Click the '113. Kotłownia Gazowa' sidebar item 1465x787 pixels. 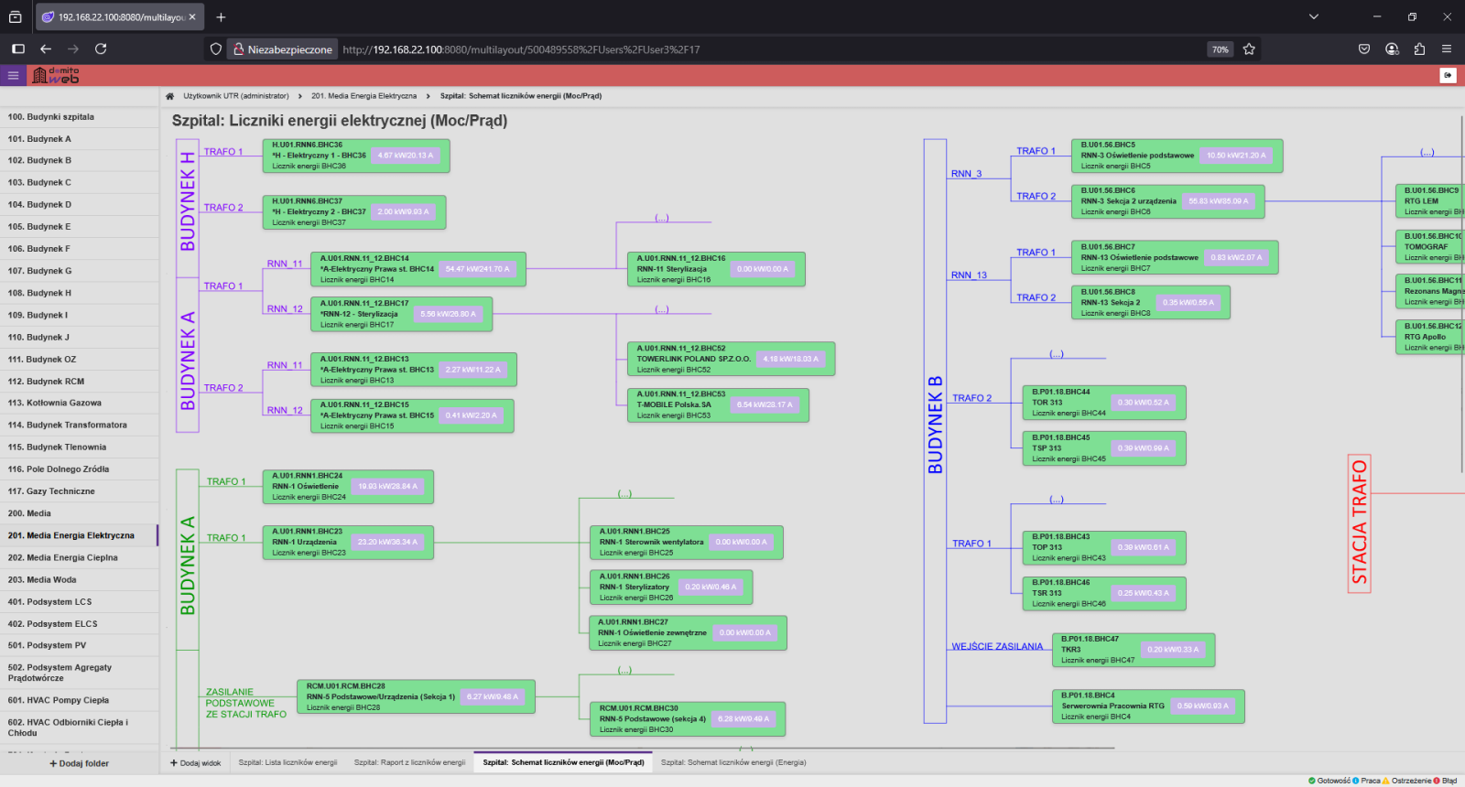click(x=55, y=403)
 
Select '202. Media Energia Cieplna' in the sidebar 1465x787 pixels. click(x=63, y=557)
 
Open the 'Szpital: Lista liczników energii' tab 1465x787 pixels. click(x=288, y=762)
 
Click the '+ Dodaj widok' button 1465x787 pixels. click(x=196, y=762)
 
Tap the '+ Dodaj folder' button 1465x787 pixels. click(x=79, y=763)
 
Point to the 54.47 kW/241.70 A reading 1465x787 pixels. click(x=477, y=269)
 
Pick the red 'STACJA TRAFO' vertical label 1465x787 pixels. click(x=1360, y=523)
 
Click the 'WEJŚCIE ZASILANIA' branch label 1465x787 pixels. click(x=997, y=646)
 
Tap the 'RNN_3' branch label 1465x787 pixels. click(x=966, y=173)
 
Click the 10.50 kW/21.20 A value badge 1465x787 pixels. click(x=1236, y=156)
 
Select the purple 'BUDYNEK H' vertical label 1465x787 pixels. click(x=188, y=201)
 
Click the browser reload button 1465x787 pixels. click(x=101, y=49)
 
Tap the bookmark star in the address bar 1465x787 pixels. click(x=1249, y=49)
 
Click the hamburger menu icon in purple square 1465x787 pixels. click(x=13, y=76)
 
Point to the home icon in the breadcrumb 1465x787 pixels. click(x=169, y=96)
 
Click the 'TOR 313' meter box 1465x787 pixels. click(x=1103, y=403)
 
